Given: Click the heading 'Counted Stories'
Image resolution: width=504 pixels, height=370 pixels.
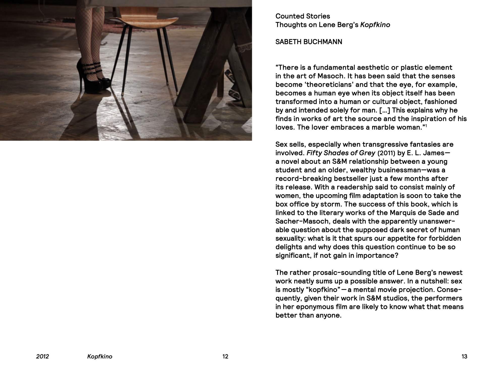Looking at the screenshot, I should click(x=303, y=16).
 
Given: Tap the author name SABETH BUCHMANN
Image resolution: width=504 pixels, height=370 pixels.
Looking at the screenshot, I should click(x=309, y=42).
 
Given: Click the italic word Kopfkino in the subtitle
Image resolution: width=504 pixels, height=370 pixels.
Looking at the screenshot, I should click(x=375, y=25).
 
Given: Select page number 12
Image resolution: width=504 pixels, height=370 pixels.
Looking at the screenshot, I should click(x=225, y=356).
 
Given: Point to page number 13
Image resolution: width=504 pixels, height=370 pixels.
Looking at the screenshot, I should click(x=464, y=356).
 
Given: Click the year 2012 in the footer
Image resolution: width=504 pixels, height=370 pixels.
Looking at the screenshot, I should click(x=42, y=356).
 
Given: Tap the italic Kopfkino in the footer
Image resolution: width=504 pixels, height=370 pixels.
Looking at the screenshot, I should click(x=100, y=356).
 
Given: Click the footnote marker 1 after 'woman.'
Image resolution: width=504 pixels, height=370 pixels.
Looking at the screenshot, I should click(x=426, y=126).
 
